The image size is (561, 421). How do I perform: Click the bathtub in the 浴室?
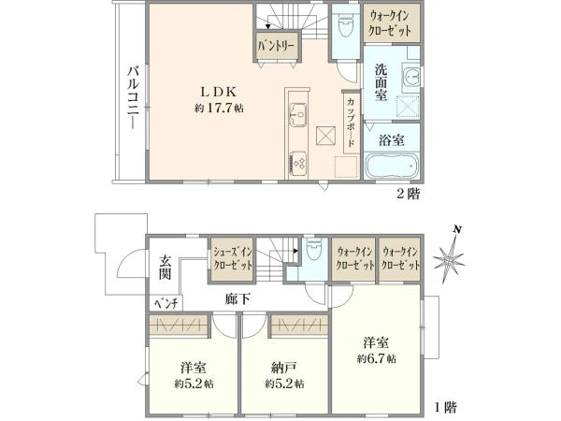pyautogui.click(x=391, y=168)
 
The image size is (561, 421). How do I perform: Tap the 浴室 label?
pyautogui.click(x=392, y=140)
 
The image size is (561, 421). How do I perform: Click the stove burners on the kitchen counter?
pyautogui.click(x=298, y=161)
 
